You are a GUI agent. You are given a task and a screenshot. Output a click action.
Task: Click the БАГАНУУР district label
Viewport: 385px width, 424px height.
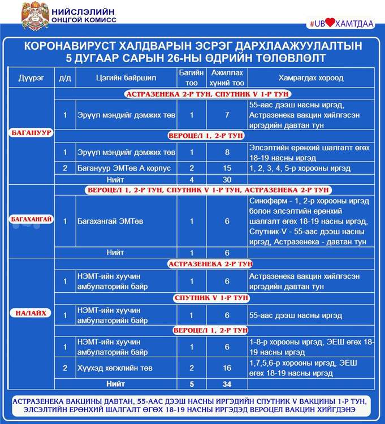[31, 132]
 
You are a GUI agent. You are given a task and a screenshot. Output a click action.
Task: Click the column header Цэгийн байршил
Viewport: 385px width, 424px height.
[118, 77]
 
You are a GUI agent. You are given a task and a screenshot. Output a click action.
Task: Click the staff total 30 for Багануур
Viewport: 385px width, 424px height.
[227, 179]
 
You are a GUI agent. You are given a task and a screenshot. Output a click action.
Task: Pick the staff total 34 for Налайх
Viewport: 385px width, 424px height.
[227, 384]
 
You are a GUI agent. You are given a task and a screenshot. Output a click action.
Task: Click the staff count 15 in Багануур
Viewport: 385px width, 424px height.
[227, 168]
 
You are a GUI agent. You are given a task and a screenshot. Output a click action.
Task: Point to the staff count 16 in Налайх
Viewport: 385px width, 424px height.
[227, 368]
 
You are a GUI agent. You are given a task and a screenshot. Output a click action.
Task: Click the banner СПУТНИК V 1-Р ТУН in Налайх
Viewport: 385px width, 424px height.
[209, 297]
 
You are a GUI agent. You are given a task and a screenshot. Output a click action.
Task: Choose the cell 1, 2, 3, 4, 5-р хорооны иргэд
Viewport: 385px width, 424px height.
[300, 168]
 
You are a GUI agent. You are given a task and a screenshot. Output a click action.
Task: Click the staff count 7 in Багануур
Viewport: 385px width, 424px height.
[227, 115]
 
